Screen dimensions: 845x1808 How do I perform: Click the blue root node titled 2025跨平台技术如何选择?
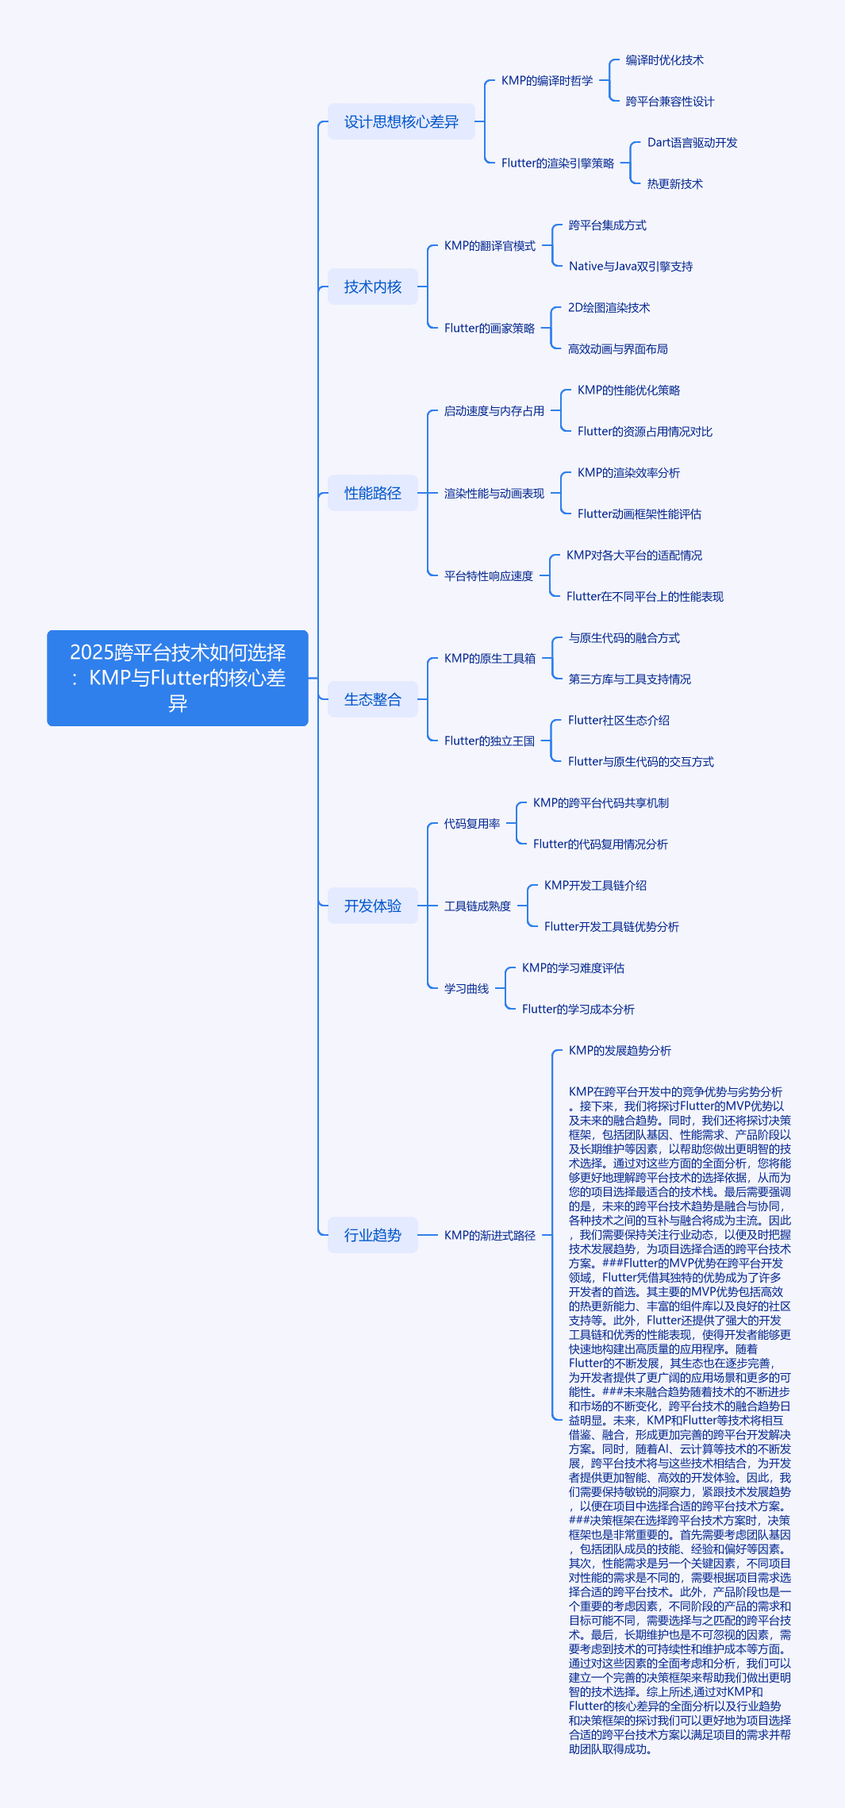[x=178, y=678]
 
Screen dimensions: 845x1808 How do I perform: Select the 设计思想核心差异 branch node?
[x=401, y=121]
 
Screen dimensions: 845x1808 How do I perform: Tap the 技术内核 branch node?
[x=373, y=287]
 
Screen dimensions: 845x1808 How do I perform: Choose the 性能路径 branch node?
[x=373, y=493]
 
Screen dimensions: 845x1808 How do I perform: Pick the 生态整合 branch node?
[x=373, y=699]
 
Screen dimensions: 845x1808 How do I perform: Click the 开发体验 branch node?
[x=373, y=906]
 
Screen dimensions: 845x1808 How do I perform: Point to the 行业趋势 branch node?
[x=373, y=1235]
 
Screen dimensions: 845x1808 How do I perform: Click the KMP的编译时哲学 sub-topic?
[x=547, y=80]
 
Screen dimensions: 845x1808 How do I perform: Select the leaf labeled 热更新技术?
[x=675, y=183]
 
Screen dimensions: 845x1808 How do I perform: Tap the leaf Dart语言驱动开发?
[x=693, y=142]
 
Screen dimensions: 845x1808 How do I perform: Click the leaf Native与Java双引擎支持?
[x=631, y=266]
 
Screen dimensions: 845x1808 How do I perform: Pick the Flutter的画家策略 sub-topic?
[x=490, y=328]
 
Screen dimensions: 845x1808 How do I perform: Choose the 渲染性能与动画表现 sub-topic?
[x=494, y=493]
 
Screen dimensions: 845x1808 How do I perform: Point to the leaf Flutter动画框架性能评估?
[x=640, y=514]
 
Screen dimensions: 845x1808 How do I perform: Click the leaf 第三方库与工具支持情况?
[x=630, y=679]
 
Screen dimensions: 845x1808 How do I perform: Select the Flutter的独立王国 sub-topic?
[x=490, y=741]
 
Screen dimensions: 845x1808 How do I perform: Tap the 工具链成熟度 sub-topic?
[x=478, y=906]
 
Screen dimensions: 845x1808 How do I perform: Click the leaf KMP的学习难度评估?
[x=573, y=967]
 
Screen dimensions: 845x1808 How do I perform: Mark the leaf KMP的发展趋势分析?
[x=620, y=1050]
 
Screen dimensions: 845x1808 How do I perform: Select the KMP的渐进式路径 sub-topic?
[x=490, y=1235]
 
